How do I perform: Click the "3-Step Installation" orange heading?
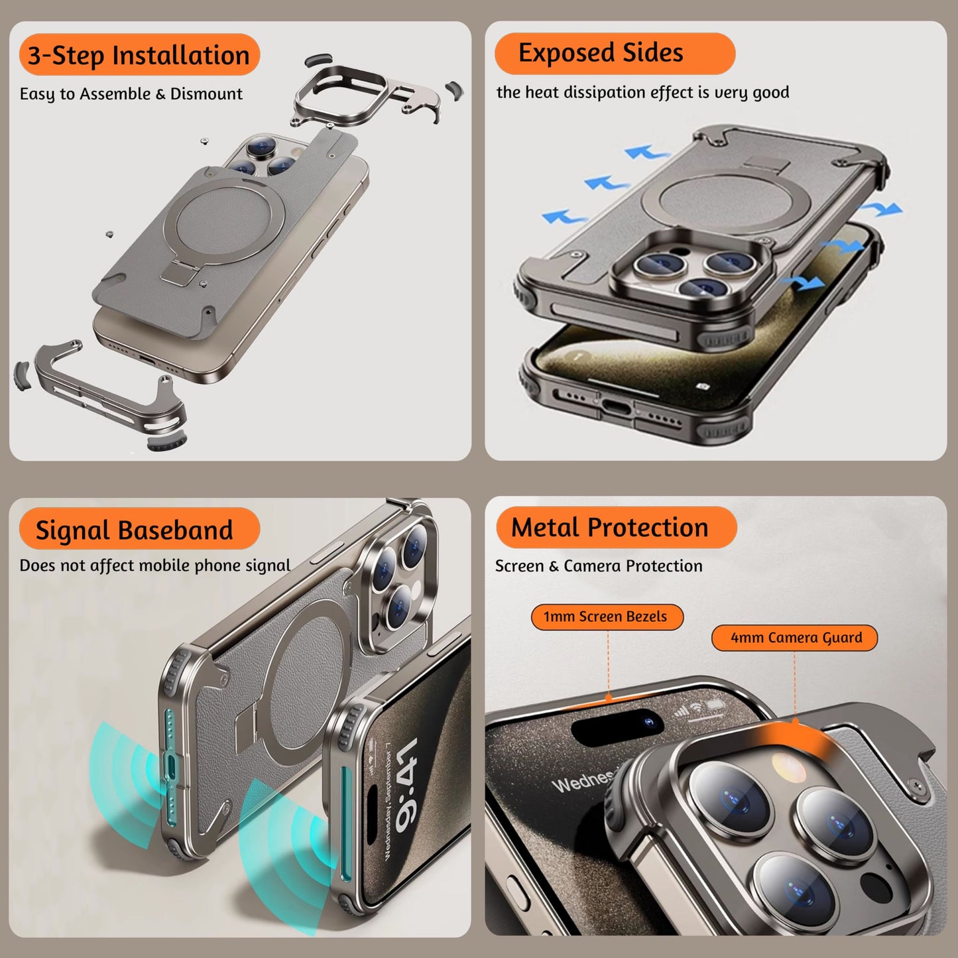point(139,56)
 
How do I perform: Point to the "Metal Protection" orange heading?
point(610,528)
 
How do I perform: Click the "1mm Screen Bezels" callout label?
point(605,617)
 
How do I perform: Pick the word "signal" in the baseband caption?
point(268,566)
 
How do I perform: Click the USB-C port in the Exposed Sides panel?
point(617,406)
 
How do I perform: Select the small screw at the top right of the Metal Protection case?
point(918,786)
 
